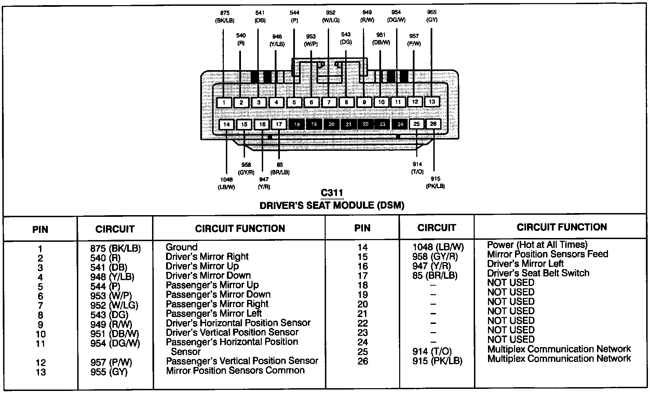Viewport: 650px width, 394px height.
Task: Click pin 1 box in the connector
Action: pos(224,102)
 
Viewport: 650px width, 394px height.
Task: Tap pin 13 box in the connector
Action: pos(432,102)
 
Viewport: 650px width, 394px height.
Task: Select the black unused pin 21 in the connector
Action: pos(348,124)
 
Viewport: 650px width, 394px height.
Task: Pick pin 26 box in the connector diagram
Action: pos(433,124)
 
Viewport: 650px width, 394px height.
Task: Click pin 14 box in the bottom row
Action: pos(227,124)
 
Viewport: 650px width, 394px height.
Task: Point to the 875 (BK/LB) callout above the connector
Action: pos(225,17)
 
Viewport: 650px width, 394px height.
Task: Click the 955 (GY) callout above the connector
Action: pos(432,16)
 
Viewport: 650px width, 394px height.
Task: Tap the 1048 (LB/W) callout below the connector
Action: pos(226,183)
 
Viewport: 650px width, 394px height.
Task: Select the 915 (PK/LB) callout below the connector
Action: pos(435,182)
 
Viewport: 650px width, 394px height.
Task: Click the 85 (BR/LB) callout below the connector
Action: pos(280,169)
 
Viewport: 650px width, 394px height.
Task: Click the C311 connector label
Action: pos(332,193)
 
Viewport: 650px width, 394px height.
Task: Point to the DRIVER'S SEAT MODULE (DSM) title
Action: pos(332,206)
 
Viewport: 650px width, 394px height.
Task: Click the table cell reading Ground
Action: pos(181,247)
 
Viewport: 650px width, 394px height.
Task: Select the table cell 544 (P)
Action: pos(105,286)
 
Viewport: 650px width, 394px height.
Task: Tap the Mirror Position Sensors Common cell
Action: pos(235,370)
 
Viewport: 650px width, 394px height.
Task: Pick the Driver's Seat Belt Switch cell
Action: pos(538,273)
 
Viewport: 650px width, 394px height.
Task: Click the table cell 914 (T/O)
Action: pos(432,352)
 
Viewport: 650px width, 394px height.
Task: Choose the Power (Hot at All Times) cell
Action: pos(537,245)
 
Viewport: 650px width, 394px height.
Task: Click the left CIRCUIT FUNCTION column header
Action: pos(240,229)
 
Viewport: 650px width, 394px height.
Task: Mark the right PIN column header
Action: pos(362,228)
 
